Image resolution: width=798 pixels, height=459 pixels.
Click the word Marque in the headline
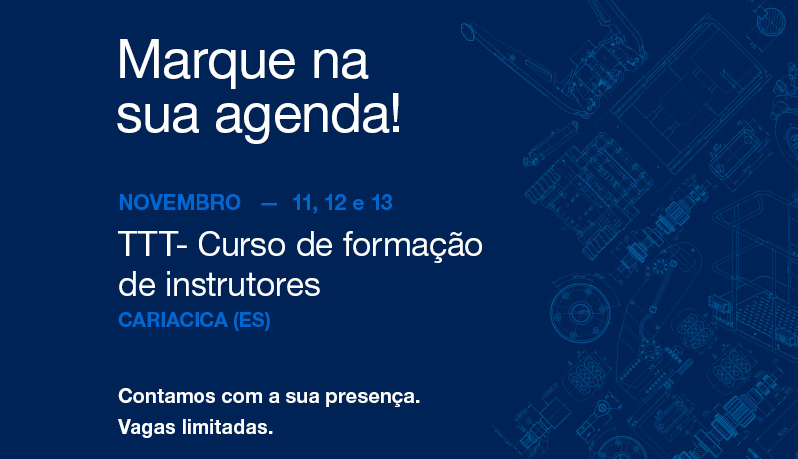[206, 62]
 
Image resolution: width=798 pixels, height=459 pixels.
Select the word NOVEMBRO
[180, 202]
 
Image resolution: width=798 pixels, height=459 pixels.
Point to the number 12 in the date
[335, 202]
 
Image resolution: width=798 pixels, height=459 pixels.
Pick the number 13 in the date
[382, 202]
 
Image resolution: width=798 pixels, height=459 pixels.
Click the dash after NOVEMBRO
[269, 204]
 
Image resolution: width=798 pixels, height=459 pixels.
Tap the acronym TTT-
[153, 244]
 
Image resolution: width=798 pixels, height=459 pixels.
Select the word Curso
[243, 244]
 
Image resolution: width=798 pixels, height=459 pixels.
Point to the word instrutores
[242, 285]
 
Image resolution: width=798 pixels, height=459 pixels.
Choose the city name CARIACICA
[173, 320]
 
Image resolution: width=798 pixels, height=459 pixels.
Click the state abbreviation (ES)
[252, 320]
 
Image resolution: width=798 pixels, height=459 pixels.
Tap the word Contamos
[167, 396]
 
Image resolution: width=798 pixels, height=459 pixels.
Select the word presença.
[372, 397]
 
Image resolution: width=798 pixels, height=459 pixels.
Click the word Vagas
[147, 427]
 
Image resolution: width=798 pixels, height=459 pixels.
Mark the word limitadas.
[227, 427]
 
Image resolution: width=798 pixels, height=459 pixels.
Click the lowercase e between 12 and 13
[359, 205]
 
